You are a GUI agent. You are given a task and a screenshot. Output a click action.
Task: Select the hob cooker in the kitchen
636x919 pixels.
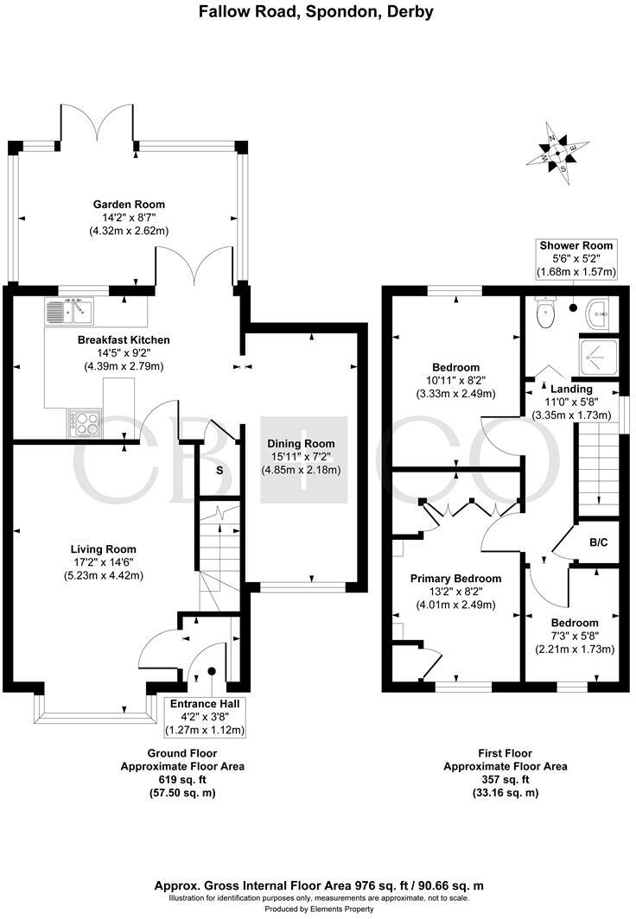[x=84, y=422]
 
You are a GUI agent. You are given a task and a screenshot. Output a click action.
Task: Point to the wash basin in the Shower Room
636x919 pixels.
[x=597, y=314]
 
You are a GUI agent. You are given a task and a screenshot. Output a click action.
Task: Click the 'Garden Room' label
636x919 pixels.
[x=129, y=205]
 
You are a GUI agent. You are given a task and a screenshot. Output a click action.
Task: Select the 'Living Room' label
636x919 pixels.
[x=103, y=548]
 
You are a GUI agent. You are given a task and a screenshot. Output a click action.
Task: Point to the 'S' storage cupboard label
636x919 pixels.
[x=219, y=471]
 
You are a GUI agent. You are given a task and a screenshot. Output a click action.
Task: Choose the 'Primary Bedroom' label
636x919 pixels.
[x=455, y=578]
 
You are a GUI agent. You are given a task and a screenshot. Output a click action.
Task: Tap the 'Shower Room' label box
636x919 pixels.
[x=576, y=259]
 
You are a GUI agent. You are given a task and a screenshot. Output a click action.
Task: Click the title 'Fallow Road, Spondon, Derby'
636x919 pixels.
[x=317, y=12]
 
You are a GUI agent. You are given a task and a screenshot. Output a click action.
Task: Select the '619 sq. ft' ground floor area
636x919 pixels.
[x=181, y=779]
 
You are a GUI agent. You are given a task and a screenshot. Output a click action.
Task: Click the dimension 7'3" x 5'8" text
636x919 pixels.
[x=575, y=637]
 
